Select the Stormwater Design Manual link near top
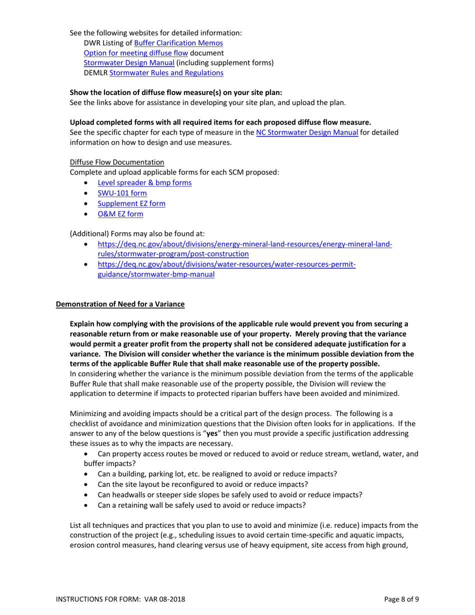coord(129,63)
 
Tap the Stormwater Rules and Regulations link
coord(166,73)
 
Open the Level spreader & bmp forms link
coord(144,183)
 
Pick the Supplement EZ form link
coord(131,203)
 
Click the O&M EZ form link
coord(120,214)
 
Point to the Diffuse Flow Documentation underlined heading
coord(117,162)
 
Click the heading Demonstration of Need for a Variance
coord(120,304)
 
